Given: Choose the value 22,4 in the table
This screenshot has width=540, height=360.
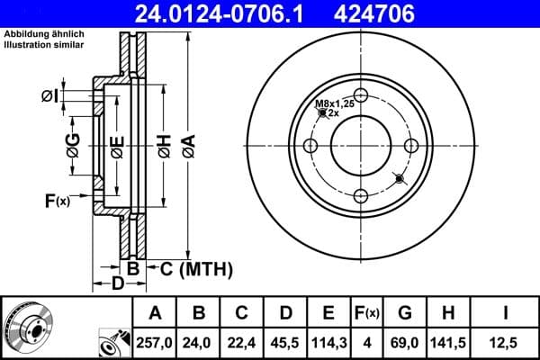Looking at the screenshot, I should pyautogui.click(x=241, y=343).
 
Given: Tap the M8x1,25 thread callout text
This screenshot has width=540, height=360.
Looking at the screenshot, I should pyautogui.click(x=332, y=104).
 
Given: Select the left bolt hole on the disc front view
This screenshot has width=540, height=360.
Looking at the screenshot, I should pyautogui.click(x=310, y=147).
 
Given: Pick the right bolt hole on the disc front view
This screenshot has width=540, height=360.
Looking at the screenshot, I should pyautogui.click(x=411, y=147).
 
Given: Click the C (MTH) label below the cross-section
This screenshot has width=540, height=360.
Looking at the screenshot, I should pyautogui.click(x=195, y=268).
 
